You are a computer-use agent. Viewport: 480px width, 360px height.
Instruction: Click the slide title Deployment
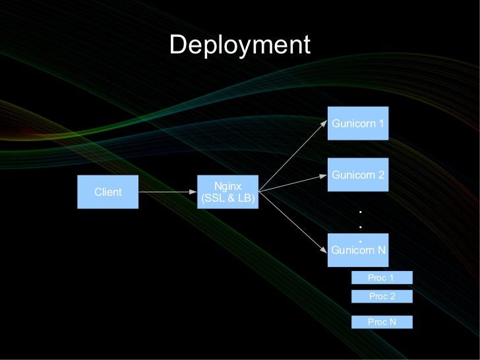tap(239, 45)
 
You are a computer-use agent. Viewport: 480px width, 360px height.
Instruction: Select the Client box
tap(107, 192)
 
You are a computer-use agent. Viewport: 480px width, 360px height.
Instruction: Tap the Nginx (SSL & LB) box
tap(227, 192)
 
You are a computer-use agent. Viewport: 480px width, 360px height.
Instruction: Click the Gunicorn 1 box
tap(358, 123)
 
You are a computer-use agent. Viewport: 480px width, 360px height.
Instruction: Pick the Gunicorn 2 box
tap(358, 175)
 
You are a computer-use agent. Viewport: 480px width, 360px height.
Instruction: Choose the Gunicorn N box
tap(358, 250)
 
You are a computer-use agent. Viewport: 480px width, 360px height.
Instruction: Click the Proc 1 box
tap(382, 278)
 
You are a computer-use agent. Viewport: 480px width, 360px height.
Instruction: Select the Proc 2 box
tap(382, 296)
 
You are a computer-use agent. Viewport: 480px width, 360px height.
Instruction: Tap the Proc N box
tap(382, 322)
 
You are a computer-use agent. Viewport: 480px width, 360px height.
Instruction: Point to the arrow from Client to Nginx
tap(168, 193)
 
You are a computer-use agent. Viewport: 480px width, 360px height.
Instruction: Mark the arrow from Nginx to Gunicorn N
tap(293, 222)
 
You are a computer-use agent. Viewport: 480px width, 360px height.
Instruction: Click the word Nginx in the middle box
tap(227, 187)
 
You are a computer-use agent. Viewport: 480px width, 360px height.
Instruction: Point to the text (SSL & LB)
tap(227, 198)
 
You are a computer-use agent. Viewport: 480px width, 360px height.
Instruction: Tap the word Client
tap(107, 192)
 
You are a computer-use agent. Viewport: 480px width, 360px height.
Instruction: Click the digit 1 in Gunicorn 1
tap(381, 123)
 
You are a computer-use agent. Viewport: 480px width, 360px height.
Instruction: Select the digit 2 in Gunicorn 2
tap(381, 175)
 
